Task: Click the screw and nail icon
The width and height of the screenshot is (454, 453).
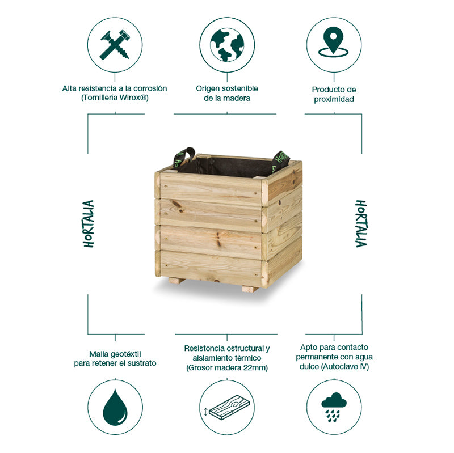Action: [x=115, y=44]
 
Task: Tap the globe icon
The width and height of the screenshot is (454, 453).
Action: [x=227, y=44]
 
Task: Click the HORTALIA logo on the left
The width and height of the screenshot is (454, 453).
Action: [x=89, y=223]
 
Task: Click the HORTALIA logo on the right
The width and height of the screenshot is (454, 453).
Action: [x=361, y=223]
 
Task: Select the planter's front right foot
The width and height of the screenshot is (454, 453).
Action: [x=250, y=289]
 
